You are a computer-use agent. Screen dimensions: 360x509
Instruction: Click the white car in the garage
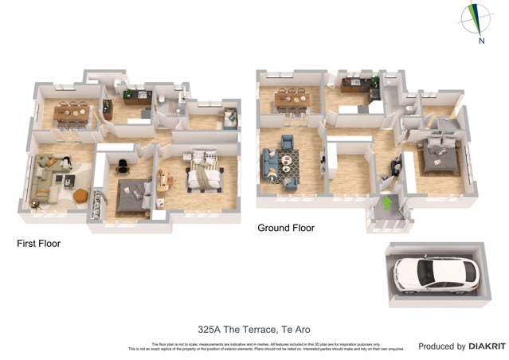[x=434, y=274]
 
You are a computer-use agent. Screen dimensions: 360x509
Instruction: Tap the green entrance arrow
[x=388, y=204]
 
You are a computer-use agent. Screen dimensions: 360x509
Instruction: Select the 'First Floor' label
[x=39, y=244]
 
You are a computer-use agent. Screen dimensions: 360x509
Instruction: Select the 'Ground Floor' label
[x=286, y=228]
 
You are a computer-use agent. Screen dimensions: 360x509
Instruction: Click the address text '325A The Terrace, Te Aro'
[x=253, y=329]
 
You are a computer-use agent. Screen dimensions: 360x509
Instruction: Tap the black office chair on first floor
[x=122, y=166]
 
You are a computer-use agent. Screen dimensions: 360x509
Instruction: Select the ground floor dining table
[x=293, y=99]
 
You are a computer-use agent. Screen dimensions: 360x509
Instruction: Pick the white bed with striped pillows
[x=203, y=178]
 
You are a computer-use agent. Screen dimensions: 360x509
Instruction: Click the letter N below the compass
[x=481, y=40]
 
